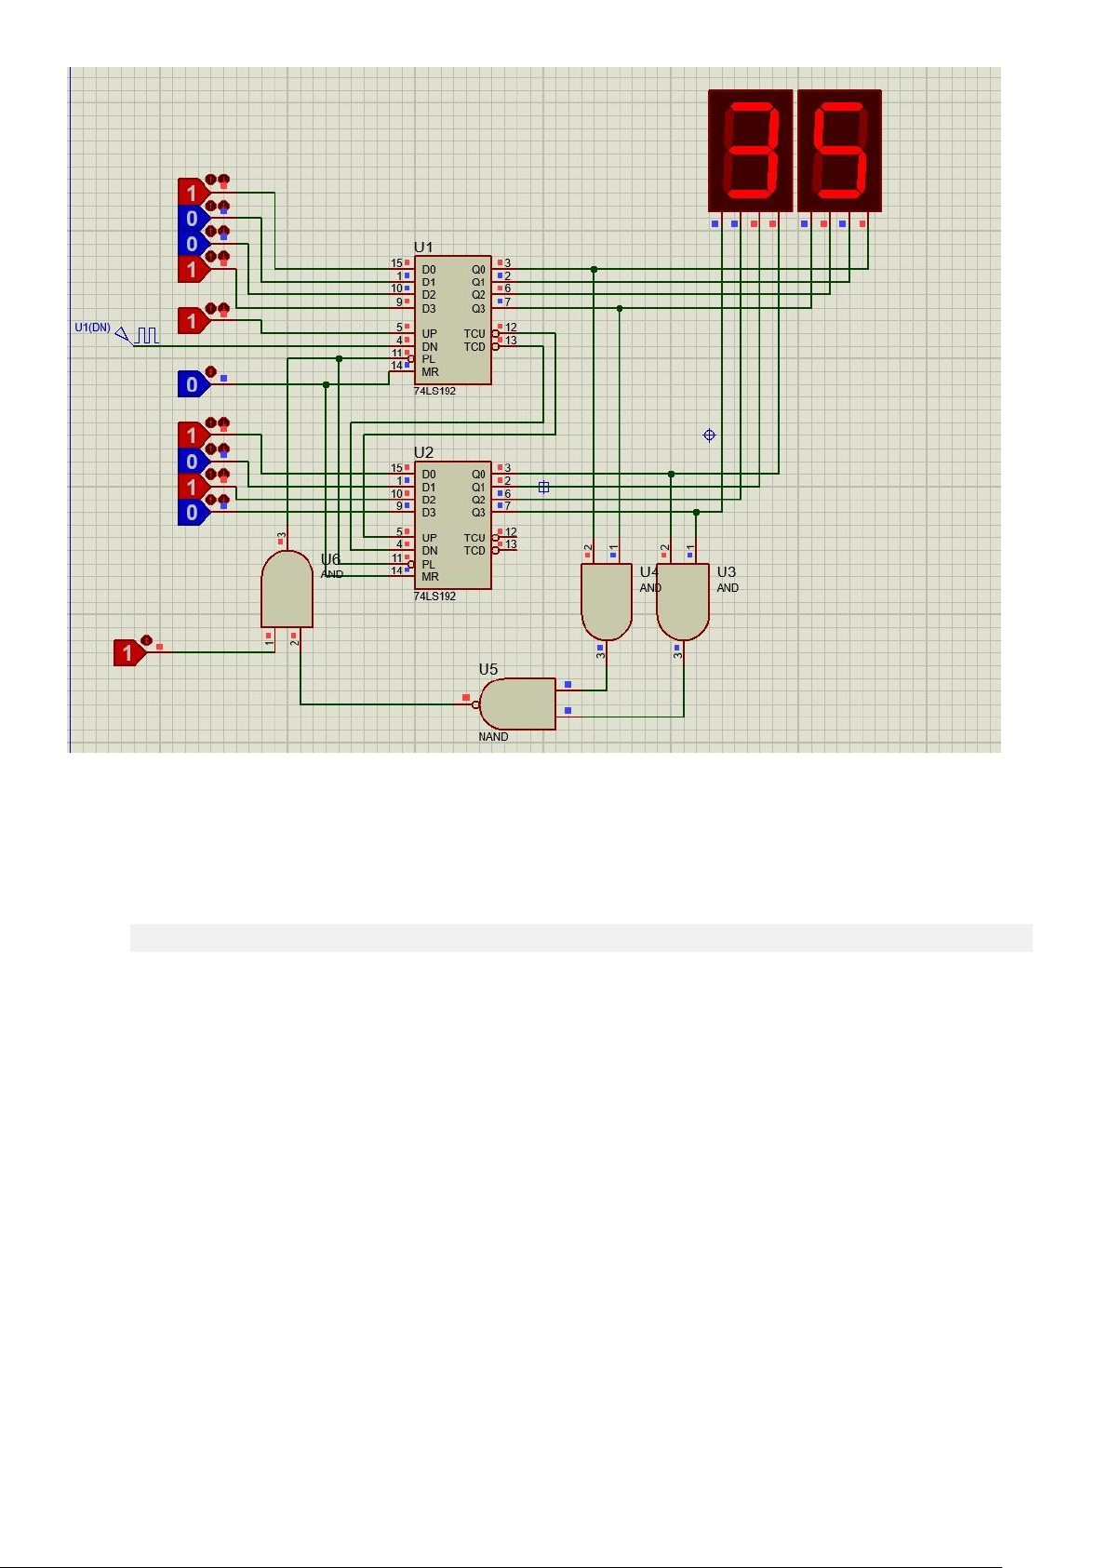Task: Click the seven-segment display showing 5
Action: tap(839, 151)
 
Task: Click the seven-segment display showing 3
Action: tap(750, 151)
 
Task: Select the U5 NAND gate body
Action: tap(518, 704)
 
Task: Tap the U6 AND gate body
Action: tap(287, 589)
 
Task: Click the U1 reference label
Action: tap(423, 248)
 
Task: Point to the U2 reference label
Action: tap(423, 452)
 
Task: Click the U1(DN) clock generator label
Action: tap(92, 328)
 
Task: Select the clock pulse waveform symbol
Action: tap(146, 335)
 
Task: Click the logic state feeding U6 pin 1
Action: tap(130, 652)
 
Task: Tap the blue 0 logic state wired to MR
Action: tap(194, 384)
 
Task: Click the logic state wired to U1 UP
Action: tap(194, 321)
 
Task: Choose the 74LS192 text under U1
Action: tap(434, 391)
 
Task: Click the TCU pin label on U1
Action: tap(474, 334)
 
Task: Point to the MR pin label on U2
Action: tap(431, 577)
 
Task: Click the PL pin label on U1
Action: tap(428, 359)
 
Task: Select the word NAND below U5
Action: tap(493, 736)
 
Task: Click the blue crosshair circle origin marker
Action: tap(709, 436)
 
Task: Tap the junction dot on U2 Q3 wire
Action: tap(696, 513)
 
